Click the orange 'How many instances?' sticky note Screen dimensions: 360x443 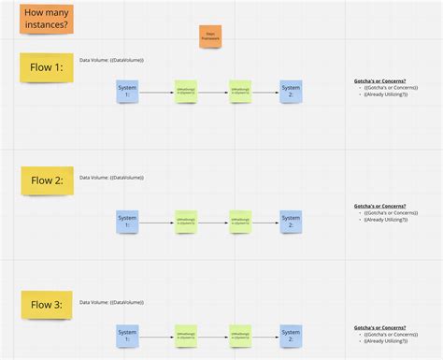[45, 20]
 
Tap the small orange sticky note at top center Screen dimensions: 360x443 [209, 36]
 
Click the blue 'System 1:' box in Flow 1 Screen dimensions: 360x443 [127, 91]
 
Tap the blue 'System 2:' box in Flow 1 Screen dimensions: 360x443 [291, 91]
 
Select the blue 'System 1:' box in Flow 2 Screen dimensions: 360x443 [127, 222]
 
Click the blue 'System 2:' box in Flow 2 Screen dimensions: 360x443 [291, 222]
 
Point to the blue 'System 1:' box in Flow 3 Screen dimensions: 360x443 [127, 336]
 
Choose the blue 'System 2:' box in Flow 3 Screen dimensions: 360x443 [291, 336]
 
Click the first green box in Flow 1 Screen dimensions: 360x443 [186, 92]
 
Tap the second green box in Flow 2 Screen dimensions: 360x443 [240, 223]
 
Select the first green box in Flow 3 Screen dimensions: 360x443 [186, 336]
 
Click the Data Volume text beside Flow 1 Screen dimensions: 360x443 [111, 60]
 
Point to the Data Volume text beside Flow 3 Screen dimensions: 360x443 [111, 302]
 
